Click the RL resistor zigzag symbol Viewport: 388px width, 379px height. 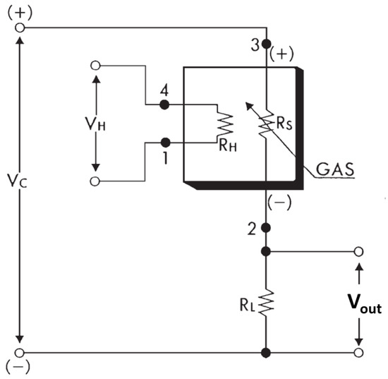266,303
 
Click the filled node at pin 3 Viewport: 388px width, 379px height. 266,44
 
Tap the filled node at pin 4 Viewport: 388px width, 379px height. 164,104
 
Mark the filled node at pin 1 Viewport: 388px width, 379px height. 164,141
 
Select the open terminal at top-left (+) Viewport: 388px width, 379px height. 19,28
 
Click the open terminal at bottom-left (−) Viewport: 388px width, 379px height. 19,351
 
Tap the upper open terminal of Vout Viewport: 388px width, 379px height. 359,251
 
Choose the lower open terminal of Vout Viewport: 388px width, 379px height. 359,351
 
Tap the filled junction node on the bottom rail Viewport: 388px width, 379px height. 266,351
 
